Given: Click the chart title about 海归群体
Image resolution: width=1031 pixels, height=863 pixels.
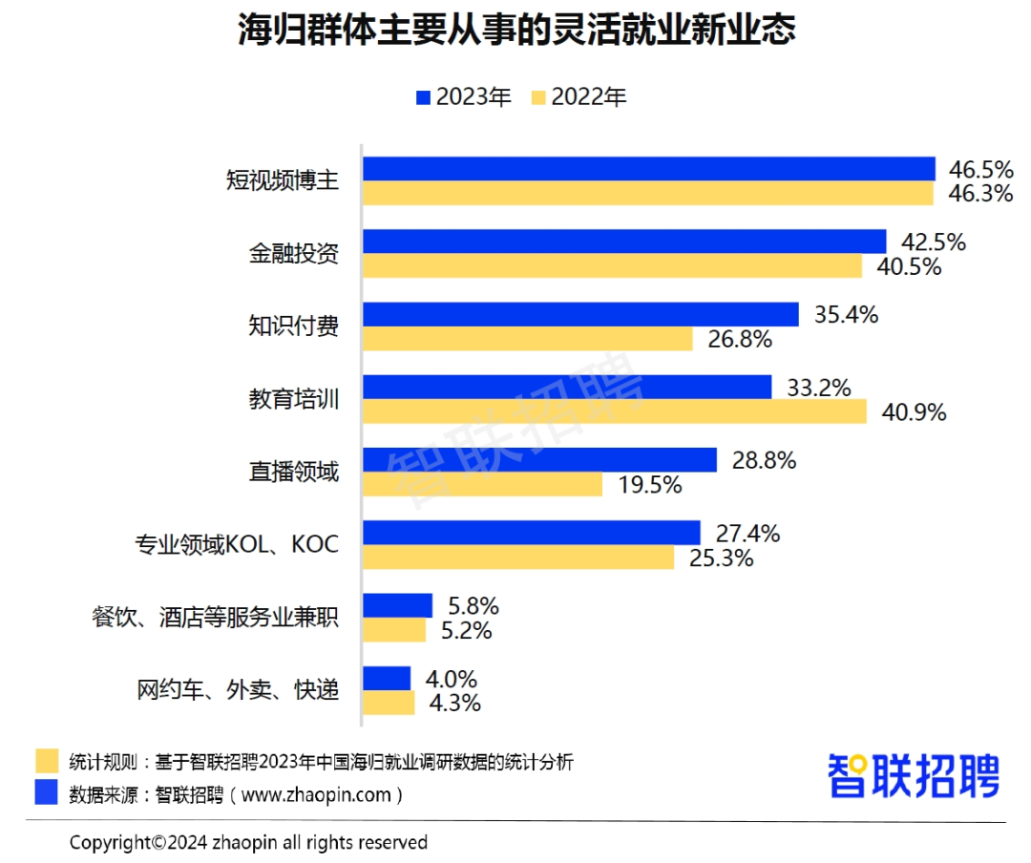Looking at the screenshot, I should [515, 32].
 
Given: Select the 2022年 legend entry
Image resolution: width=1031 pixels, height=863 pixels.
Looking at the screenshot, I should [579, 96].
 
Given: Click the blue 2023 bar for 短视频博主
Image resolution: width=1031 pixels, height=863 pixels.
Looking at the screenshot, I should [648, 169].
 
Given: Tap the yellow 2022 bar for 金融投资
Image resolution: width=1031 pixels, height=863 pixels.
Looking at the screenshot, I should [612, 266].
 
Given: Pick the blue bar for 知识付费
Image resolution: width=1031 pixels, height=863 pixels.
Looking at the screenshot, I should [580, 314].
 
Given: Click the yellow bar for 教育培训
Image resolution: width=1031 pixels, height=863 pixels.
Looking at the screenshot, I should [614, 411].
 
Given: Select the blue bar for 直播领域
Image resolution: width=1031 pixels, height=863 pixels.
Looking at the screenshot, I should [539, 459].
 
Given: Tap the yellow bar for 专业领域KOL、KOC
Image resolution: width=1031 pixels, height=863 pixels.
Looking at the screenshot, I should [518, 557].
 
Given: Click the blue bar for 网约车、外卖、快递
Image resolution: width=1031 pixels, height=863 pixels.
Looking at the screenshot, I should [387, 678].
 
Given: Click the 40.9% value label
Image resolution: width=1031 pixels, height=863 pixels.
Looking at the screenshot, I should [914, 412].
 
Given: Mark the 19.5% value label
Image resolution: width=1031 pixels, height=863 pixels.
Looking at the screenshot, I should [649, 485].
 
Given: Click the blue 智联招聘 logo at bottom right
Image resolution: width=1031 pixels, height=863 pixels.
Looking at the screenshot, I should [913, 775].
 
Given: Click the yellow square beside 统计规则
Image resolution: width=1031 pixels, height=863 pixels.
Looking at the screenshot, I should [47, 762].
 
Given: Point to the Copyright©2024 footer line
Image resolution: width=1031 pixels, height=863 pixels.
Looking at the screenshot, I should [248, 842].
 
